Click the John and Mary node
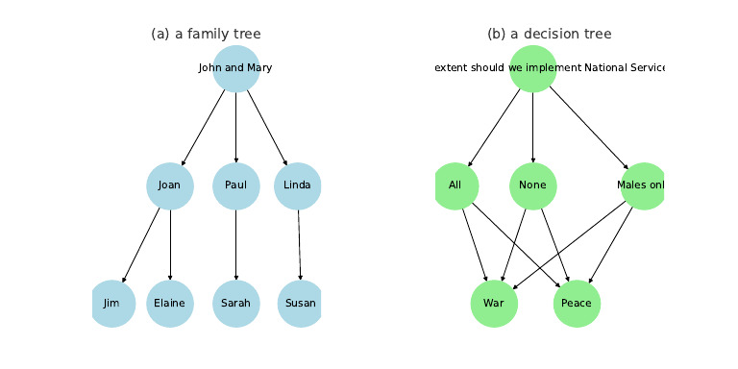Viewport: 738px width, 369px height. [x=235, y=68]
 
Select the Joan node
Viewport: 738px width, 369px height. [x=170, y=184]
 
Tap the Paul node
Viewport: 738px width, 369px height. [x=235, y=184]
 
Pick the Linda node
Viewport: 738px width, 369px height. [x=297, y=184]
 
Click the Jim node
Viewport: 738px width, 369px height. [x=112, y=304]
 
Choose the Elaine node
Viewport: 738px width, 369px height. [x=170, y=304]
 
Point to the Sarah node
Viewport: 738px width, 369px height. [x=235, y=304]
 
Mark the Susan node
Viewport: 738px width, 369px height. [x=301, y=304]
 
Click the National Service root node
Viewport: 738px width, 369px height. [x=533, y=68]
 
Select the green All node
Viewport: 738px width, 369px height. [x=455, y=184]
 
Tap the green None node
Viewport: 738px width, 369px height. [x=533, y=184]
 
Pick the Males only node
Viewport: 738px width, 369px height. [x=643, y=184]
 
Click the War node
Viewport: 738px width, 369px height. [x=494, y=304]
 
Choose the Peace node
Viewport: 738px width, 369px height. [x=577, y=304]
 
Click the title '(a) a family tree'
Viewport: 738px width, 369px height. [x=206, y=34]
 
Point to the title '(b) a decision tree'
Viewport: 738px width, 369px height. [x=549, y=34]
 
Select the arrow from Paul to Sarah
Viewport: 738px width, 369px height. [x=235, y=244]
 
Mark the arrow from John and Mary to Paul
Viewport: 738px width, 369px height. [x=235, y=126]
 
